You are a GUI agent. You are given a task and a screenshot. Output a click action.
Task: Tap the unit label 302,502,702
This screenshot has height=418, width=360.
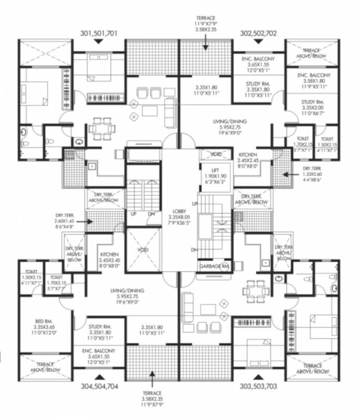[258, 33]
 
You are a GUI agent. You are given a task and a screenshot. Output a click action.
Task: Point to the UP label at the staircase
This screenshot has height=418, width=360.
[133, 213]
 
